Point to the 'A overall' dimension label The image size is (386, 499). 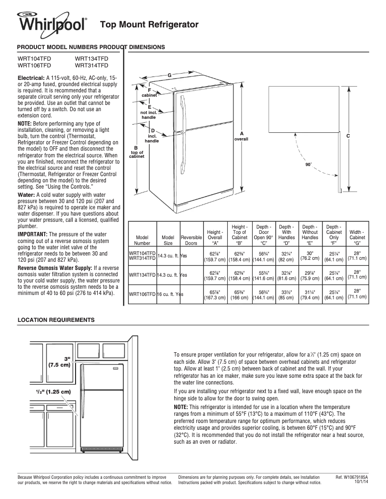pos(241,136)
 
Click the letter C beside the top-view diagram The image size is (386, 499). pos(347,136)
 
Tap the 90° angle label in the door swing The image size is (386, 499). pos(309,165)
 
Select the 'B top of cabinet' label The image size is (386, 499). pos(136,152)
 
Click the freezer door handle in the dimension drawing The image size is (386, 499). pos(183,111)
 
